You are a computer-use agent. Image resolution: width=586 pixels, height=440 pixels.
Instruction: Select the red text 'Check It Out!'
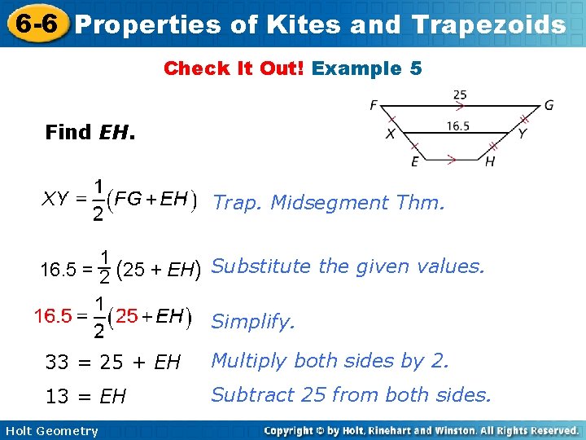pyautogui.click(x=234, y=68)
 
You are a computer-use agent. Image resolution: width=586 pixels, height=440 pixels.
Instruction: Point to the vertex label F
pyautogui.click(x=373, y=105)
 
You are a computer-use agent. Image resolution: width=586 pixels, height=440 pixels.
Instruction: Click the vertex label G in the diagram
pyautogui.click(x=549, y=105)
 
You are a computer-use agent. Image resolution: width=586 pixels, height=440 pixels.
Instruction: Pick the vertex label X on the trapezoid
pyautogui.click(x=391, y=134)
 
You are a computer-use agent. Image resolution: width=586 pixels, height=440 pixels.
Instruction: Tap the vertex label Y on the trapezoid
pyautogui.click(x=522, y=134)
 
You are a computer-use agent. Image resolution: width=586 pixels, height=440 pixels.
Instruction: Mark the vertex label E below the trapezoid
pyautogui.click(x=415, y=162)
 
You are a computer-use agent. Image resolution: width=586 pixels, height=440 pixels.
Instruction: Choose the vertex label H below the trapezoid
pyautogui.click(x=490, y=162)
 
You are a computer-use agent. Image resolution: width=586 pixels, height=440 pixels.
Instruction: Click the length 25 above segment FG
pyautogui.click(x=460, y=95)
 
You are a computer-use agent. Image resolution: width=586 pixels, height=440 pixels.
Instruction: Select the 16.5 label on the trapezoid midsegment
pyautogui.click(x=458, y=125)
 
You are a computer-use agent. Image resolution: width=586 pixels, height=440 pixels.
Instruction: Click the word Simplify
pyautogui.click(x=252, y=323)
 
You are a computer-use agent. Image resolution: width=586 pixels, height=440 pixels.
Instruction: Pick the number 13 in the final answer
pyautogui.click(x=57, y=397)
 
